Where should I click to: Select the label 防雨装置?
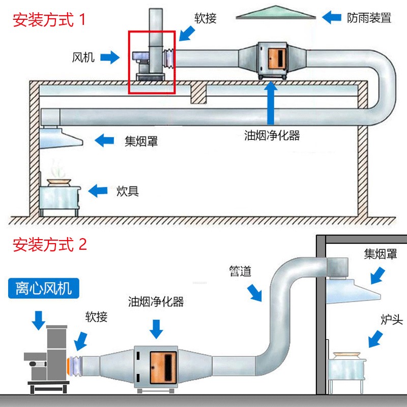point(369,18)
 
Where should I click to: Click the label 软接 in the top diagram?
point(206,18)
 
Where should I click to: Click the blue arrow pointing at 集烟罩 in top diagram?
point(105,140)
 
